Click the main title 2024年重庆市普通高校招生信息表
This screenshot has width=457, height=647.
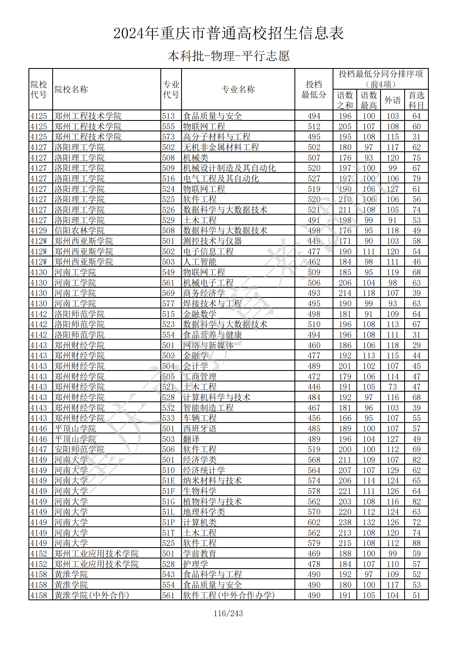coord(228,33)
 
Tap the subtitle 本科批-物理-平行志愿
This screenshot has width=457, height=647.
coord(228,56)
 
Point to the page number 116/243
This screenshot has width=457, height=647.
coord(228,613)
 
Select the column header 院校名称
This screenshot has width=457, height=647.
coord(71,89)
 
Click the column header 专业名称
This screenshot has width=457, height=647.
coord(238,89)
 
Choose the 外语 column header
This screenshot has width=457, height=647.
coord(392,100)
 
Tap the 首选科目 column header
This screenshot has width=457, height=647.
coord(416,100)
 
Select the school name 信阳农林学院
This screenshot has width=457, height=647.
coord(79,230)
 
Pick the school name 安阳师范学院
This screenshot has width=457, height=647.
coord(79,449)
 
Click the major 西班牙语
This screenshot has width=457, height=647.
coord(200,428)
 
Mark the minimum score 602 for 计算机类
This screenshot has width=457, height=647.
coord(314,522)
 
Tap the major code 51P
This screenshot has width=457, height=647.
coord(168,522)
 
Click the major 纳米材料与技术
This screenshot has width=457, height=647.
coord(212,480)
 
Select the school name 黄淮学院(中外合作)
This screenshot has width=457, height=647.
coord(92,595)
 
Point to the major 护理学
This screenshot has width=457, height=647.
coord(195,564)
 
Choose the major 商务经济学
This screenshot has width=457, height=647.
coord(204,293)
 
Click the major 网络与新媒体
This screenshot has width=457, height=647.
coord(208,345)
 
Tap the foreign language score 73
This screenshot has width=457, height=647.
coord(392,387)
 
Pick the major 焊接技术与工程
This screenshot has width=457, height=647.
coord(212,303)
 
